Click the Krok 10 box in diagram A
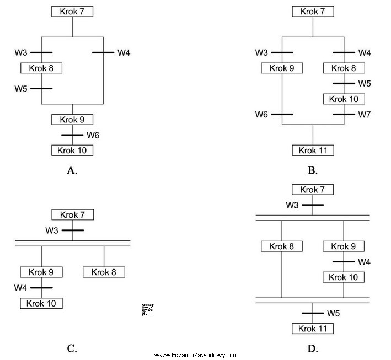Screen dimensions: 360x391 [72, 150]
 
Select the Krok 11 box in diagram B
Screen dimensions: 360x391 [313, 150]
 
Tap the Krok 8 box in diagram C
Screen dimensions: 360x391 [104, 272]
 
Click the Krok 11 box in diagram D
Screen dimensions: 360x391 [313, 329]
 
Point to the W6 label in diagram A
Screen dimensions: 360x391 [93, 135]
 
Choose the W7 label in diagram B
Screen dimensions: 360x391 [365, 115]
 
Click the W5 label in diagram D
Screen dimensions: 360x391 [333, 313]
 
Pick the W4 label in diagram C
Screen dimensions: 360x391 [21, 288]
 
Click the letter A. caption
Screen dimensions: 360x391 [72, 170]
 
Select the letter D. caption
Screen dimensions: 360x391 [313, 348]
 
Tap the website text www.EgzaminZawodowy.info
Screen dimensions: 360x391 [195, 354]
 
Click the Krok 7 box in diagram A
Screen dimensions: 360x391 [72, 12]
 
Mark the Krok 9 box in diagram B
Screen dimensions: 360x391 [282, 68]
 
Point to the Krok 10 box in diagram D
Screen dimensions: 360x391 [344, 277]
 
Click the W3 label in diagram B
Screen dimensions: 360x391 [261, 53]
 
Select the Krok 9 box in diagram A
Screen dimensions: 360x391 [72, 119]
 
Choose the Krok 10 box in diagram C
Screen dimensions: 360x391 [41, 303]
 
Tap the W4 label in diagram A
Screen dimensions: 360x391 [124, 53]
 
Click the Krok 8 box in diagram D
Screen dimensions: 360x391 [282, 246]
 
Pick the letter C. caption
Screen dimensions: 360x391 [72, 348]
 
